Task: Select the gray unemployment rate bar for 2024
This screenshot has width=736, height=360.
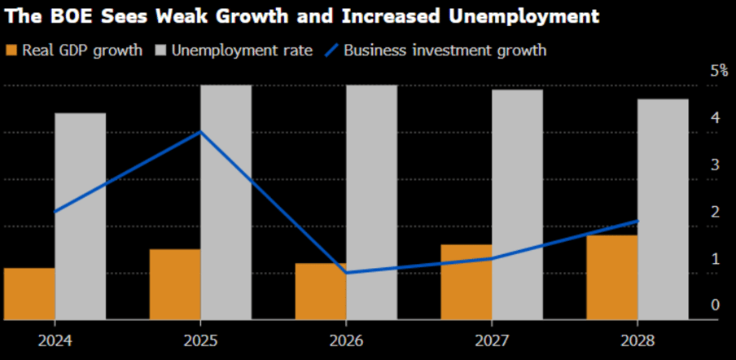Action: coord(81,216)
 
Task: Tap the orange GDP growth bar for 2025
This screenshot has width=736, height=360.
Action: coord(175,284)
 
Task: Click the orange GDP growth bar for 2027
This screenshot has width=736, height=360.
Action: coord(467,282)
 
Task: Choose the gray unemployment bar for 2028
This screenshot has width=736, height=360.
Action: coord(663,209)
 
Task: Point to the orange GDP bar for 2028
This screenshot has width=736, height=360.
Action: coord(611,277)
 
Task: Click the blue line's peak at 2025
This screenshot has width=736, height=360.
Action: coord(200,132)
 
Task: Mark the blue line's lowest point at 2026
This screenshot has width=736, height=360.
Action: coord(347,273)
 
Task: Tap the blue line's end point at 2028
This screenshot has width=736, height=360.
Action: coord(637,221)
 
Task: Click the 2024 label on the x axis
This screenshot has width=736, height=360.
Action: coord(55,340)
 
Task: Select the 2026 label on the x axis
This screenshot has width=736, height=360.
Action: coord(347,340)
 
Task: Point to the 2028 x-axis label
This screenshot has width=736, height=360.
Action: coord(637,340)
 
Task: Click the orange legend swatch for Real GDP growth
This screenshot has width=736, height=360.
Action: coord(11,50)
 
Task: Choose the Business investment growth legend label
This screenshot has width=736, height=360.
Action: coord(445,50)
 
